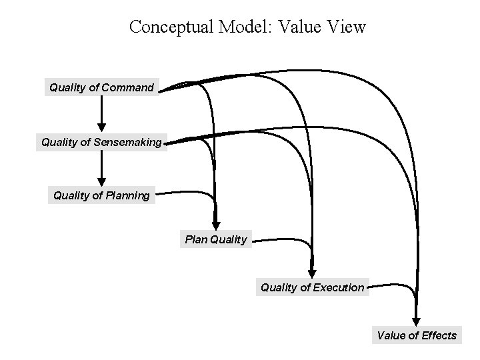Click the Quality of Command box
(101, 87)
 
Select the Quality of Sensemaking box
(101, 142)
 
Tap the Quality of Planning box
(101, 195)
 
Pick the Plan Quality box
(215, 239)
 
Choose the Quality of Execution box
(312, 288)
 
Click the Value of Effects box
(417, 335)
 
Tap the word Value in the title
(299, 27)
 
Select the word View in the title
(347, 27)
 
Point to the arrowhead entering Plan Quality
(215, 225)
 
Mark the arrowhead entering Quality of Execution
(312, 273)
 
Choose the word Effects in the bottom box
(439, 335)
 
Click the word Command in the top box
(128, 87)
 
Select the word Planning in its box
(128, 195)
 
